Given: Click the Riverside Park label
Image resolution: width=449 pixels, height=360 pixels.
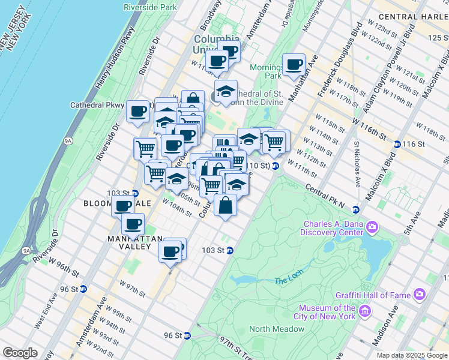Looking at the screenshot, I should (150, 7).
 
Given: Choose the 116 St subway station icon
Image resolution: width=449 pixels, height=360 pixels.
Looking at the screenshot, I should (397, 145).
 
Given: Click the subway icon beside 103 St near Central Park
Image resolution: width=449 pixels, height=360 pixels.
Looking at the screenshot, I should (229, 251).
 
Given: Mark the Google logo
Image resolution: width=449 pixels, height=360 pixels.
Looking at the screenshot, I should (20, 353).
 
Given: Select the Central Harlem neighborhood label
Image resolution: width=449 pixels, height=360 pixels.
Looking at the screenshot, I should (414, 16).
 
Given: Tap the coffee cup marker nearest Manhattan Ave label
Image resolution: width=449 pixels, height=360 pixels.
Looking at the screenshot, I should (294, 64).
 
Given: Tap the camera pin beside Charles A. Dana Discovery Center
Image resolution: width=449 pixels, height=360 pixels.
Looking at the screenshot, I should (372, 227).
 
